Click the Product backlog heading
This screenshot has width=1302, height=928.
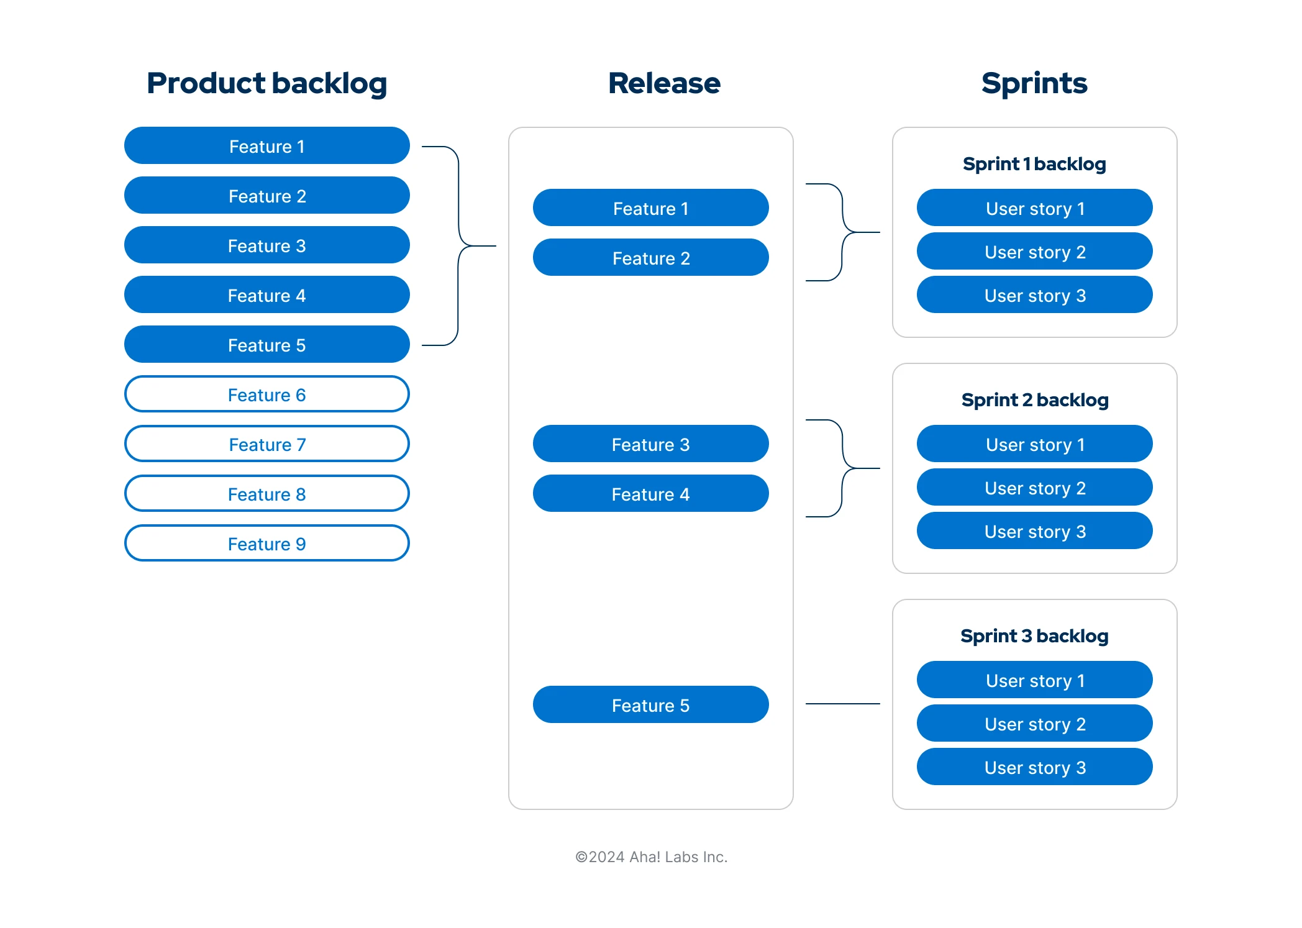click(x=266, y=83)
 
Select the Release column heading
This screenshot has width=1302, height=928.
click(x=663, y=83)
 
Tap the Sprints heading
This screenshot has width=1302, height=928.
click(x=1034, y=83)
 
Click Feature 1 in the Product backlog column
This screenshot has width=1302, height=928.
click(x=266, y=146)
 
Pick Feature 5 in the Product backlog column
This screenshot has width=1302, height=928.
click(x=266, y=345)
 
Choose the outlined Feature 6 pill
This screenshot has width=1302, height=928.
click(x=266, y=394)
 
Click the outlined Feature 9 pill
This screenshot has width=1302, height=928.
click(x=266, y=544)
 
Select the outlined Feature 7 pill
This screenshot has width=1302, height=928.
click(x=266, y=444)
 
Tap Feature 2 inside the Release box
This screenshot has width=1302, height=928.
click(x=650, y=258)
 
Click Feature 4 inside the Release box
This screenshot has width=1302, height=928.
click(x=650, y=494)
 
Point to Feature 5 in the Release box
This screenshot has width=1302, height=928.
click(x=650, y=705)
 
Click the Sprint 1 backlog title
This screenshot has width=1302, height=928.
click(x=1034, y=164)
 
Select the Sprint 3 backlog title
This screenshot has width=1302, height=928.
click(x=1034, y=636)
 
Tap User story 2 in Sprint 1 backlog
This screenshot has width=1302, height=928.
click(x=1034, y=252)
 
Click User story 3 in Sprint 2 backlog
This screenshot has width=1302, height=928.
click(x=1034, y=531)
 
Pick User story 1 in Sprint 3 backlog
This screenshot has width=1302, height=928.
click(x=1034, y=680)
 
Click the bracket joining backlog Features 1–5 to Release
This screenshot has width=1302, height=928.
click(x=459, y=245)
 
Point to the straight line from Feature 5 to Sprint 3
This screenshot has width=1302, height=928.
click(x=842, y=704)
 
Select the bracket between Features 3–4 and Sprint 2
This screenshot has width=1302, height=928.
click(x=843, y=468)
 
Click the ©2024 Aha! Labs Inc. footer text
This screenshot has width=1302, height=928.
click(x=650, y=857)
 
